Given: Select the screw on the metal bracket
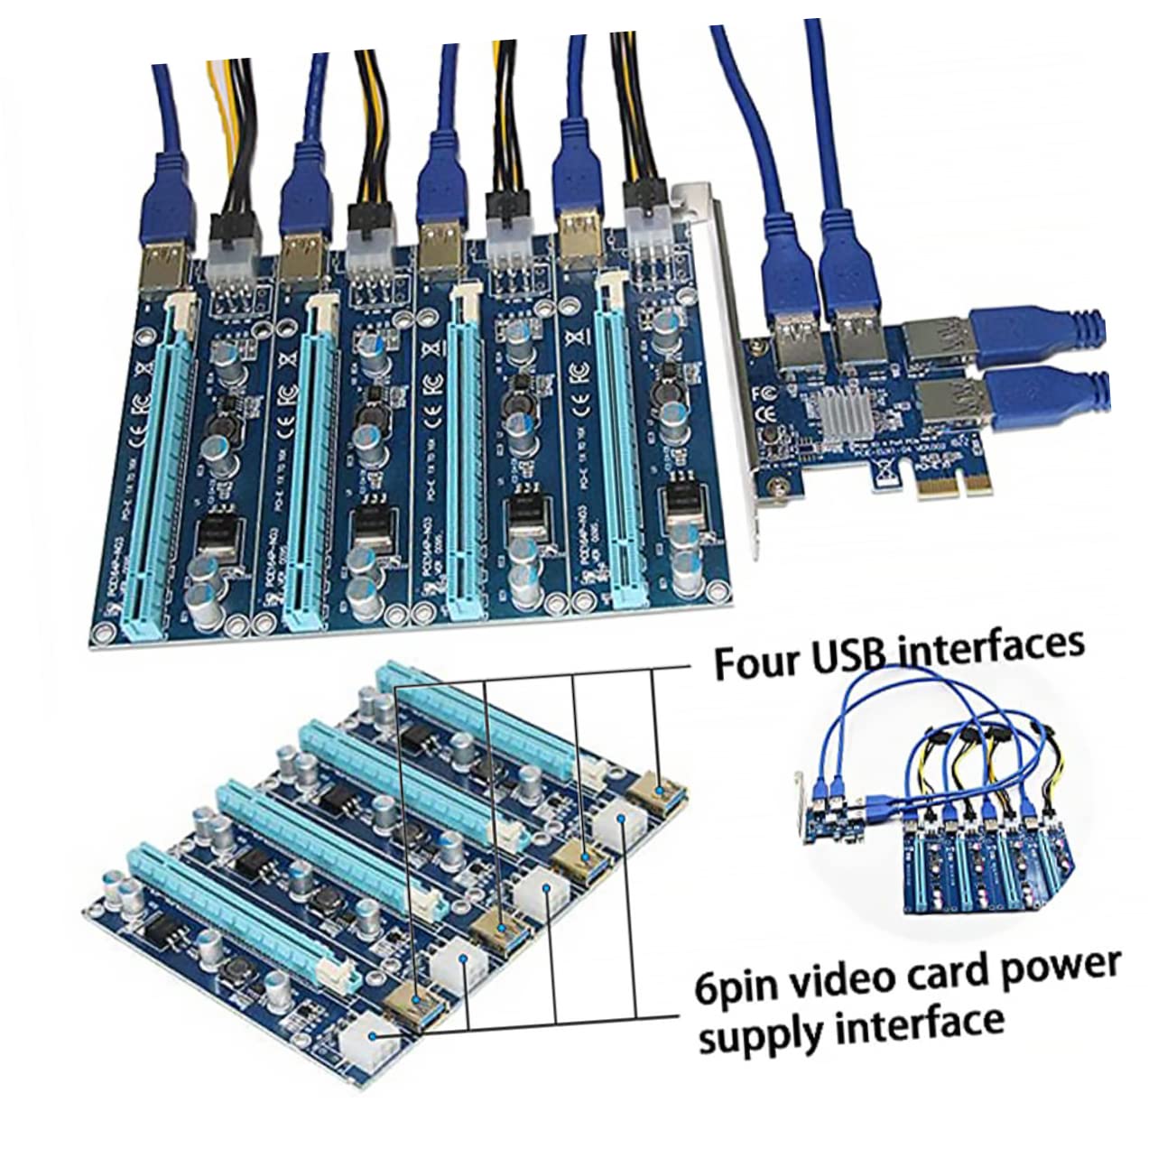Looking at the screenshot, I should click(774, 491).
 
